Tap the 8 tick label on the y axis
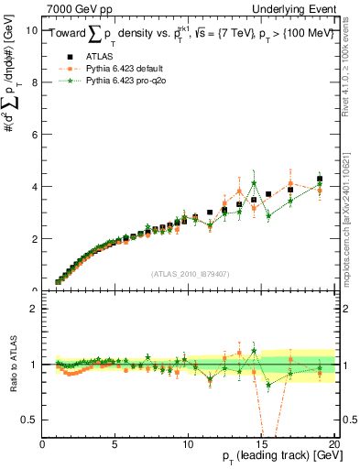coord(35,82)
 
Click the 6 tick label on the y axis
coord(35,135)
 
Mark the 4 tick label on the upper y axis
coord(35,187)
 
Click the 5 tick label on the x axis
coord(115,445)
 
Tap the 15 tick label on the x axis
coord(261,445)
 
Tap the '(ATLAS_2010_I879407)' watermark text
coord(190,273)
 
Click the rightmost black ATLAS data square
coord(320,179)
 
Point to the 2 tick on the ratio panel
coord(35,309)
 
